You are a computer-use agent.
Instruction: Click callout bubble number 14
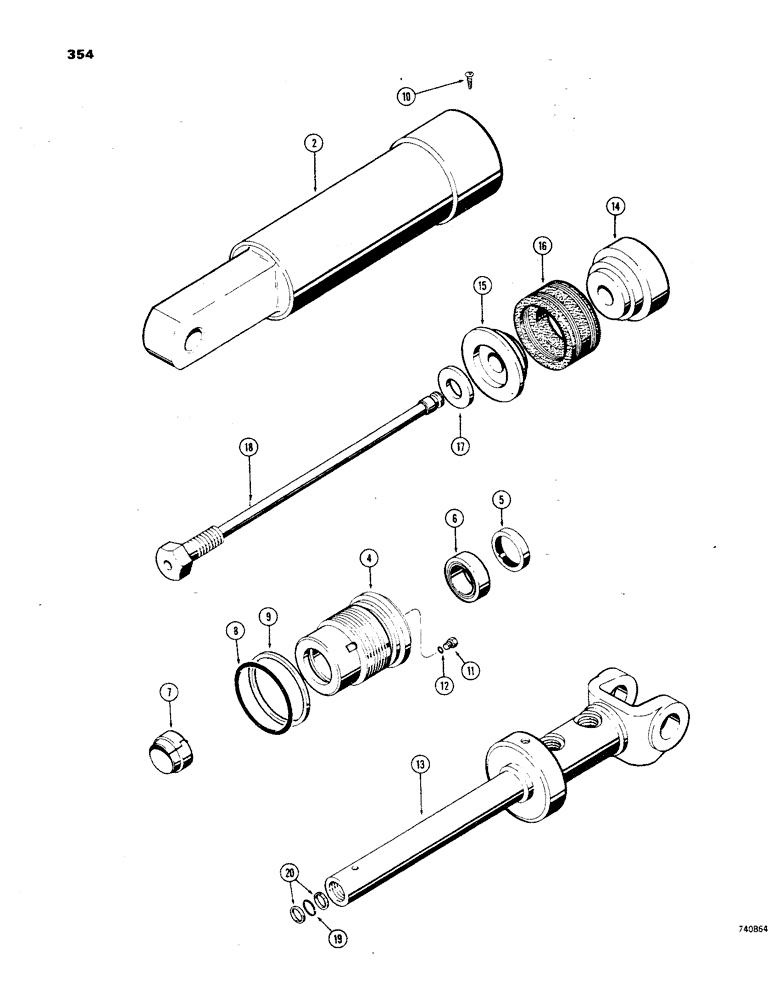(614, 207)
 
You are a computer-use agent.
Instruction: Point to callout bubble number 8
(233, 632)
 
